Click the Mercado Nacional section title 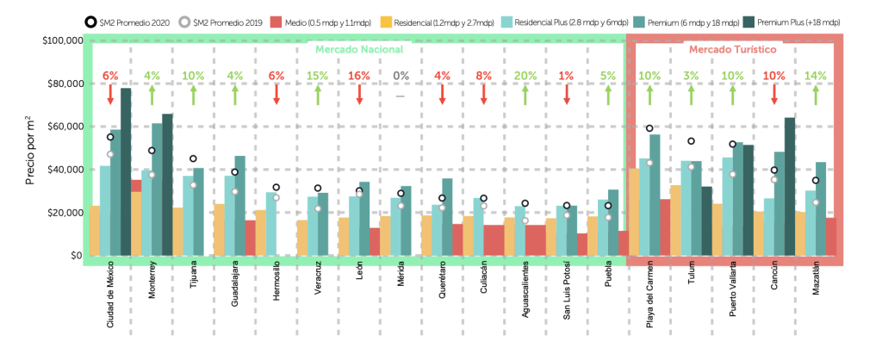(355, 49)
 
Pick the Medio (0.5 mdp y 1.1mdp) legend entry (318, 20)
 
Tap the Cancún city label (774, 283)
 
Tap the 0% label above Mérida (401, 76)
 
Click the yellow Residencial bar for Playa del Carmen (633, 212)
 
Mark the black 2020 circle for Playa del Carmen (650, 128)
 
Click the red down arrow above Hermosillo (276, 95)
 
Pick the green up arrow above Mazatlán (816, 95)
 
